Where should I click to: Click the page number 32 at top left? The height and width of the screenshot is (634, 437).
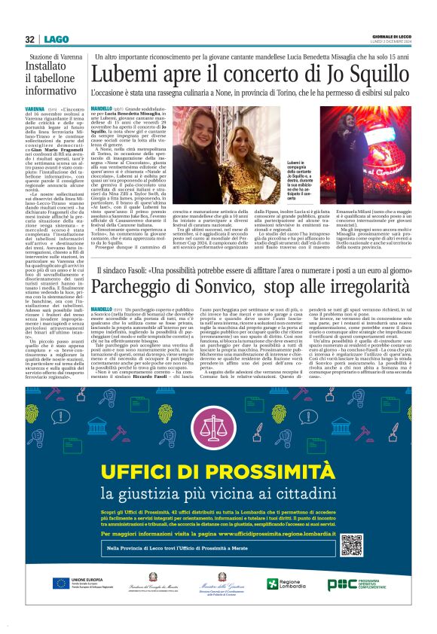pyautogui.click(x=29, y=40)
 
